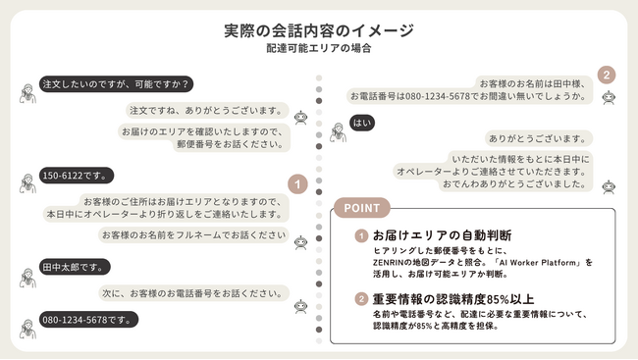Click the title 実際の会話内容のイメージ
tap(319, 30)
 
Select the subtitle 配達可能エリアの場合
tap(319, 48)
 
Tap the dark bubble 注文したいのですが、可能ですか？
tap(116, 84)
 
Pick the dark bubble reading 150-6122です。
tap(77, 177)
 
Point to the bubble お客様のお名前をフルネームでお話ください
tap(193, 235)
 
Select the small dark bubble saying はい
tap(362, 125)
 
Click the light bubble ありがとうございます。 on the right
tap(539, 139)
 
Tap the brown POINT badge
tap(362, 208)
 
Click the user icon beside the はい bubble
tap(337, 127)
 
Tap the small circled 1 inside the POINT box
tap(361, 235)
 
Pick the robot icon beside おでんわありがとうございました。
tap(609, 185)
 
